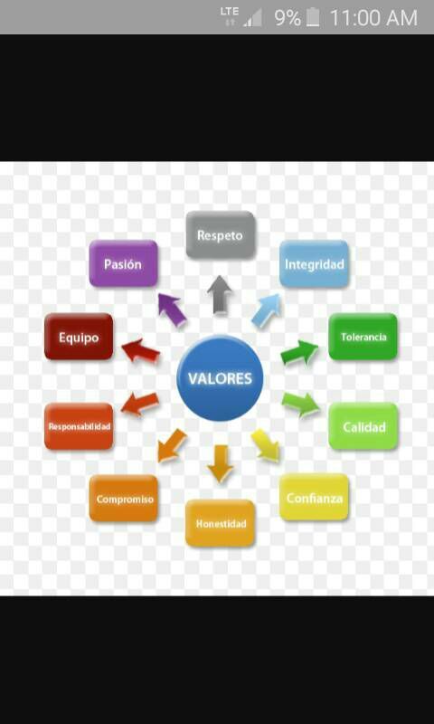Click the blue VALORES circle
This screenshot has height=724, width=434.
point(220,377)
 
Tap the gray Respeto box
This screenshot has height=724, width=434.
point(221,235)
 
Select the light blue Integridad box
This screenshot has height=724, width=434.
point(314,264)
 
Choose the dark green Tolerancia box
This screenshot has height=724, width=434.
point(363,337)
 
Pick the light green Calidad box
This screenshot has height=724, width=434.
point(363,426)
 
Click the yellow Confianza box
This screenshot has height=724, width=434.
point(314,497)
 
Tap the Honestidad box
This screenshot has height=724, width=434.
point(221,523)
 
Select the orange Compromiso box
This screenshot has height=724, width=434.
point(124,499)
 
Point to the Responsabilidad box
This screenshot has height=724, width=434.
point(79,426)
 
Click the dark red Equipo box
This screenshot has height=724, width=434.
point(79,337)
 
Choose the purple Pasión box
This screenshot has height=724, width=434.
point(124,263)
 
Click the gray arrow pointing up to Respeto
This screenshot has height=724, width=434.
point(220,295)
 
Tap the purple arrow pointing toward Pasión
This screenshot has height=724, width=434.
point(172,310)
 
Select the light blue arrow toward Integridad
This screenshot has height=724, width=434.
point(267,310)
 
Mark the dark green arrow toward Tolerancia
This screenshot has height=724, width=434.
point(300,352)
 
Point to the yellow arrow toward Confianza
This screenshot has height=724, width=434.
point(266,445)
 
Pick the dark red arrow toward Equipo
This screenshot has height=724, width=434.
point(141,351)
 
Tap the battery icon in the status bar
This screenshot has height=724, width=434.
point(313,17)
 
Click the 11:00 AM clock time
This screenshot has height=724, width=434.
point(373,18)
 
